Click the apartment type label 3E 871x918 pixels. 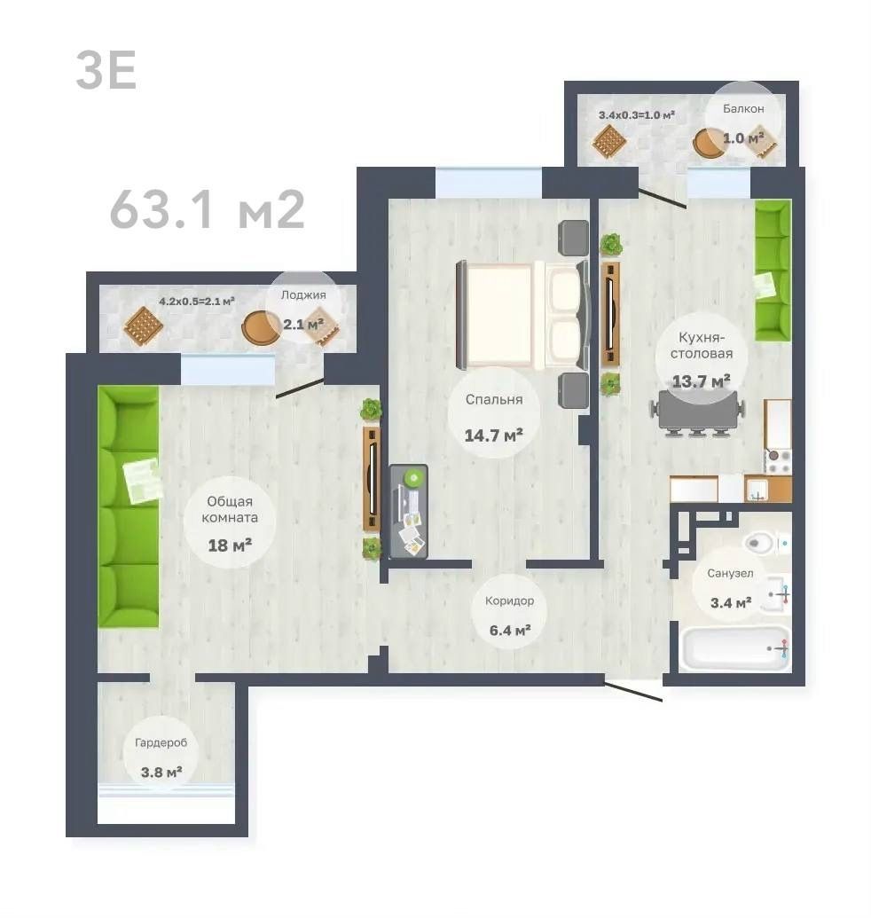[x=106, y=70]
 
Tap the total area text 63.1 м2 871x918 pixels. [x=208, y=209]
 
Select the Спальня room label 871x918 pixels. [x=494, y=400]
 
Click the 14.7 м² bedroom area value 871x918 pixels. [x=493, y=435]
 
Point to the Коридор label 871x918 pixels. [x=509, y=601]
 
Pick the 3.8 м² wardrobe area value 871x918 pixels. [x=161, y=773]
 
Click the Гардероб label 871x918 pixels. [x=161, y=743]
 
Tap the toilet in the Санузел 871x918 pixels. [x=762, y=543]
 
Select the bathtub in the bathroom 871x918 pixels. [x=735, y=648]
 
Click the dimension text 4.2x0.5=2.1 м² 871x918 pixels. [x=197, y=302]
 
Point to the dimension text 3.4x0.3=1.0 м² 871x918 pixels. [x=636, y=115]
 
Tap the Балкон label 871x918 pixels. [x=743, y=109]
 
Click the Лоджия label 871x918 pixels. [x=303, y=295]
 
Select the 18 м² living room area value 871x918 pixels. [x=230, y=545]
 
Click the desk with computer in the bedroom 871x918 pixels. [x=409, y=511]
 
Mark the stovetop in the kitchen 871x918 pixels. [x=778, y=462]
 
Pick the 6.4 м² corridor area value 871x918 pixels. [x=510, y=631]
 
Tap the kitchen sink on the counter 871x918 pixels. [x=759, y=490]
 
